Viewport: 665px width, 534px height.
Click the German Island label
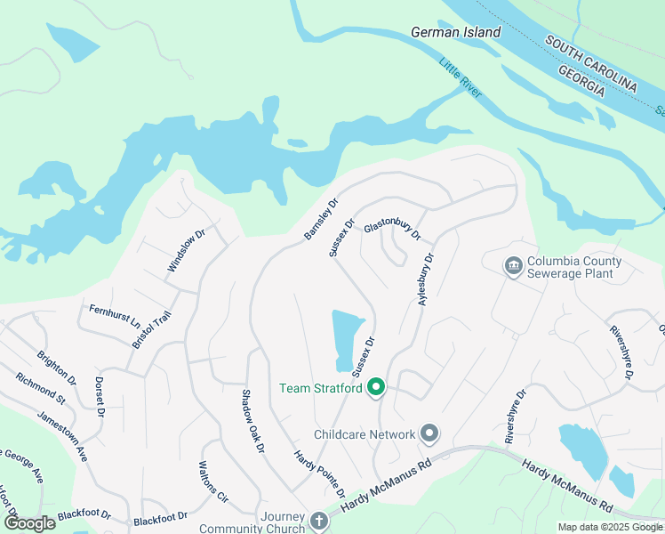click(455, 32)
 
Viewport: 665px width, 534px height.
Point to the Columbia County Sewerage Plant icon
click(512, 266)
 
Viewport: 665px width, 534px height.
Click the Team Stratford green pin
click(376, 388)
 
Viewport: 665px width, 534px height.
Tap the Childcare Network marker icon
click(429, 434)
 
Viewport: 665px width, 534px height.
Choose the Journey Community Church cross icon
click(320, 520)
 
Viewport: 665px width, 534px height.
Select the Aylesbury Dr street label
click(427, 280)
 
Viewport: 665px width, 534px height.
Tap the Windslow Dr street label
click(186, 251)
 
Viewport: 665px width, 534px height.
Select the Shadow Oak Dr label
click(253, 421)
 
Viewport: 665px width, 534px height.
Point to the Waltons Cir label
click(214, 482)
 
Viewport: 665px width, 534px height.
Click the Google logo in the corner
click(29, 522)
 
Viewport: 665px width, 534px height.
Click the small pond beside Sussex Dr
click(347, 339)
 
